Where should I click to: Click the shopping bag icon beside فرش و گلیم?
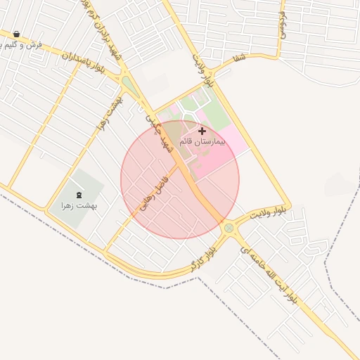coord(16,34)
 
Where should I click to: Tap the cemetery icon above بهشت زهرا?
coord(77,194)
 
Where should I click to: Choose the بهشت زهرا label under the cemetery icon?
coord(77,206)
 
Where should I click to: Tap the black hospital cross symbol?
coord(202,131)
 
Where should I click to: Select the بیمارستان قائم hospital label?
coord(202,142)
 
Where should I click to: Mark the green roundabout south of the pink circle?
coord(229,229)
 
